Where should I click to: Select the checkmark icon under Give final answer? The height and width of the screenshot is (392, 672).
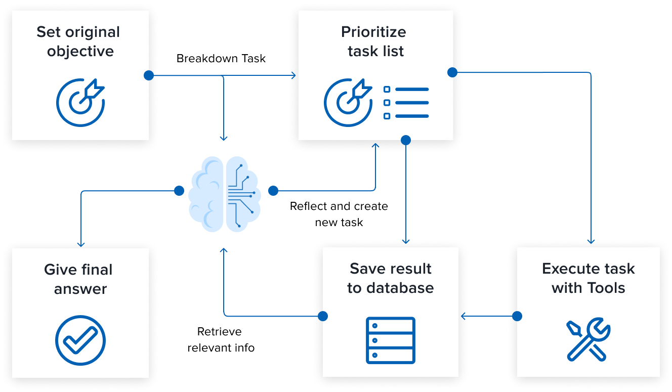80,340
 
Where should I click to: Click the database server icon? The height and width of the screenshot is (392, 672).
390,340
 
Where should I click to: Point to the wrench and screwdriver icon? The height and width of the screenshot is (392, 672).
588,339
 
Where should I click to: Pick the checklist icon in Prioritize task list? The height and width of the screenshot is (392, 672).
406,103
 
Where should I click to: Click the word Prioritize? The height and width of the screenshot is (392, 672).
373,32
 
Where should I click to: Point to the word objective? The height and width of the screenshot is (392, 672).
80,52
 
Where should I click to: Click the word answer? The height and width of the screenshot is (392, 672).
80,289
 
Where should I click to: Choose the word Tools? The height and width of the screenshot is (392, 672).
606,288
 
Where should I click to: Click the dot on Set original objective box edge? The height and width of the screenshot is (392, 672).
148,75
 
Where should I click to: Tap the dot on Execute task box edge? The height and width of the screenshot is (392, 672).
517,316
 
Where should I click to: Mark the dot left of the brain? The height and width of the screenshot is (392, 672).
179,191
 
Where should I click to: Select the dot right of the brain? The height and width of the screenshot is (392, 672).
273,191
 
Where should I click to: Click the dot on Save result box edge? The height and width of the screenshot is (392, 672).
323,316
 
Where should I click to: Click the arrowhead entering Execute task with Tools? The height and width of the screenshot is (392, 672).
591,241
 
